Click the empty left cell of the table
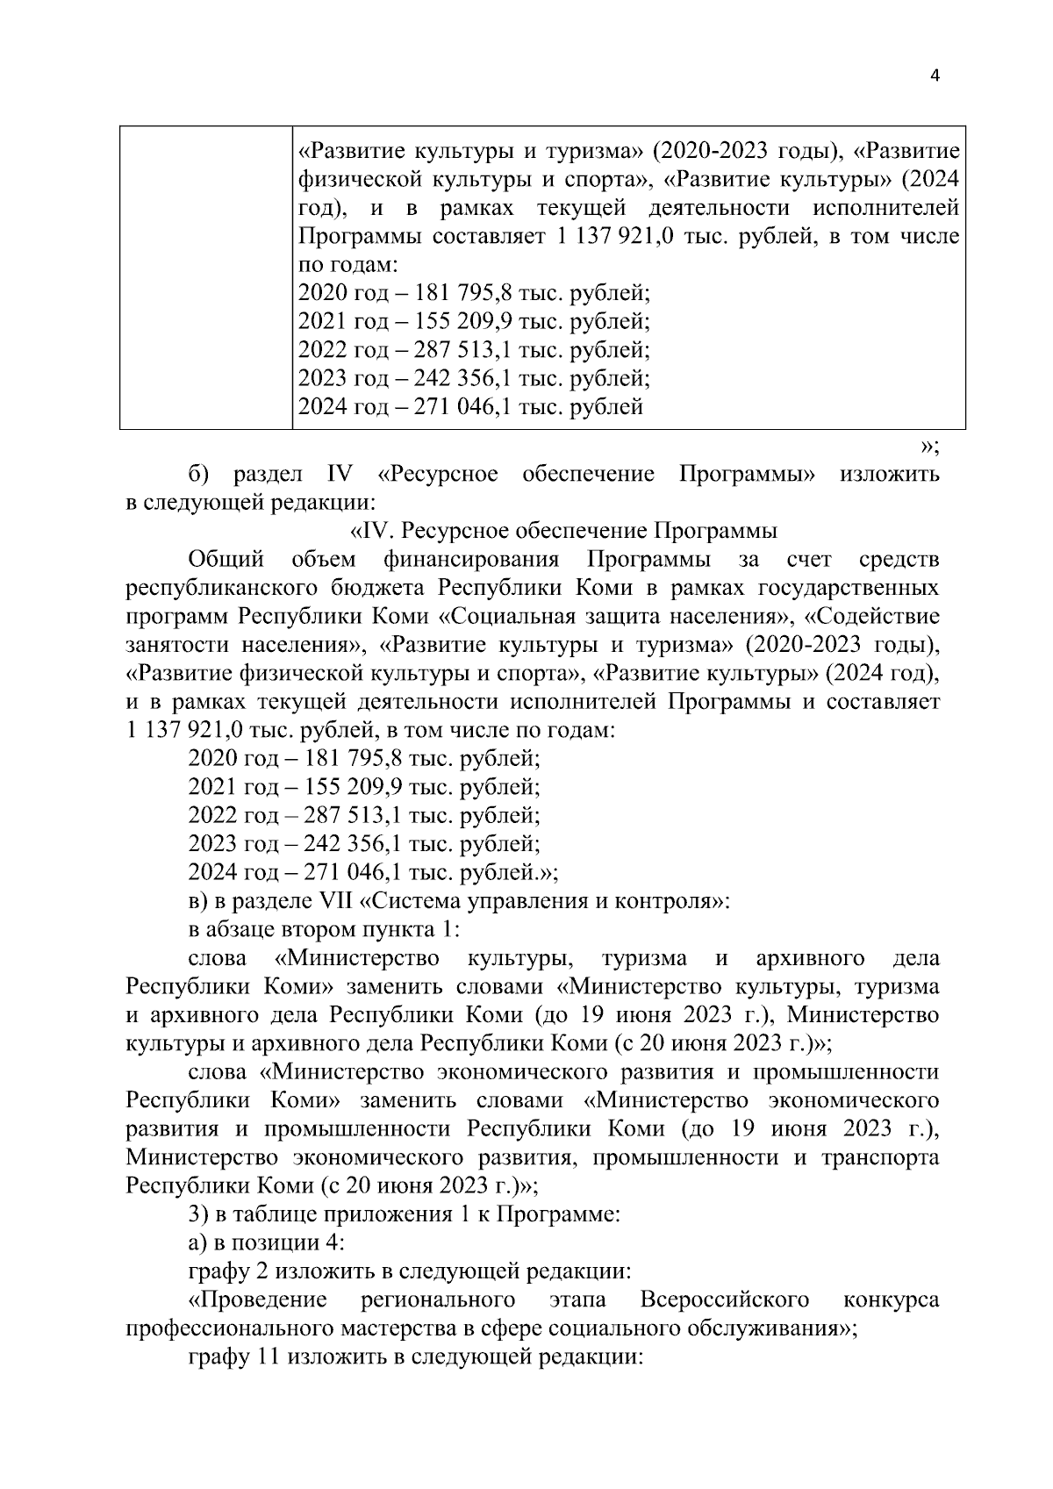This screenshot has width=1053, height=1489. point(206,277)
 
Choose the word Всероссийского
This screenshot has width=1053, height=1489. point(724,1299)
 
